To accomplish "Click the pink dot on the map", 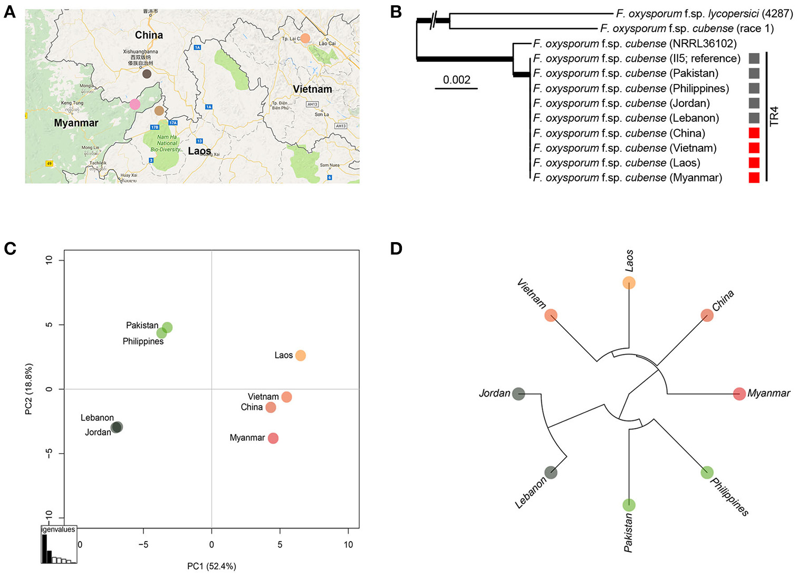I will point(135,104).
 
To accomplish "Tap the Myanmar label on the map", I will point(76,123).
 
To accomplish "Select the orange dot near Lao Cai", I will point(305,38).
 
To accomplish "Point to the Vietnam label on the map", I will point(312,89).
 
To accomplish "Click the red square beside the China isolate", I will point(754,133).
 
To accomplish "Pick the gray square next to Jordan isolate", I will point(754,103).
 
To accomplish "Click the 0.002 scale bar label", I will point(456,80).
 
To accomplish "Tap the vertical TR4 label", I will point(774,117).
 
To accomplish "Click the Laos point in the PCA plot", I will point(300,356).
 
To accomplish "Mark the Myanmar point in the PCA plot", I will point(273,438).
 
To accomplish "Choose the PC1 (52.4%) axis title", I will point(211,566).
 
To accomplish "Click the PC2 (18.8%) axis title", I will point(29,389).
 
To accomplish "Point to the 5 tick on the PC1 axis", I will point(280,544).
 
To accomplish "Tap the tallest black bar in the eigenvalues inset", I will point(44,549).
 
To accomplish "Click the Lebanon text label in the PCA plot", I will point(97,418).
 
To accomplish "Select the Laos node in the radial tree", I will point(629,283).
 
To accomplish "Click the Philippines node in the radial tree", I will point(707,472).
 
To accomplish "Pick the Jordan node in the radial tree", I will point(518,393).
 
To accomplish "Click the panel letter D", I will point(396,248).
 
